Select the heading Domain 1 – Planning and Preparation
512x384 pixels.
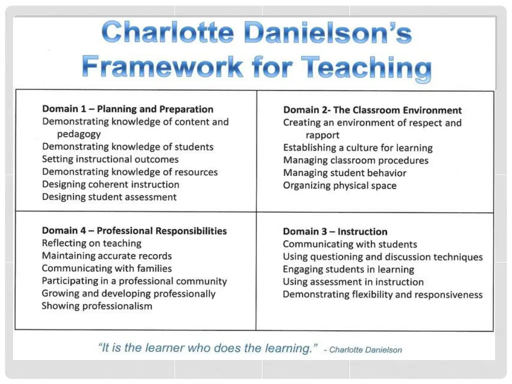pos(127,109)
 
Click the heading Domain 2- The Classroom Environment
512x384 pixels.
pos(372,110)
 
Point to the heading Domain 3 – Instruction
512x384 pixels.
pos(335,231)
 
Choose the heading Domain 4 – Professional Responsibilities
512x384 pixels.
pos(134,230)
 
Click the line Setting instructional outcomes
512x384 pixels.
pos(110,159)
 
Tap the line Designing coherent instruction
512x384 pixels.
pos(110,184)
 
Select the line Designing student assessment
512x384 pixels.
pos(109,197)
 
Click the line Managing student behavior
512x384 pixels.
pos(344,173)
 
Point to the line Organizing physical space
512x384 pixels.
pos(339,185)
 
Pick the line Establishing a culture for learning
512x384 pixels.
pos(357,148)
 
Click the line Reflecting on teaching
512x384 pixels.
pos(91,243)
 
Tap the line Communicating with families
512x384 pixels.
pos(106,268)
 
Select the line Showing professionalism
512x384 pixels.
pos(97,306)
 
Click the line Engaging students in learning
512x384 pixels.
pos(348,269)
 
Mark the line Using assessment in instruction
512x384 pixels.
pos(353,282)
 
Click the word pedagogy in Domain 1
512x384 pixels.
pos(78,134)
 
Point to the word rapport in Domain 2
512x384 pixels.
pos(322,135)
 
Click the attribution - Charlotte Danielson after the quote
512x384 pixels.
pos(363,349)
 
